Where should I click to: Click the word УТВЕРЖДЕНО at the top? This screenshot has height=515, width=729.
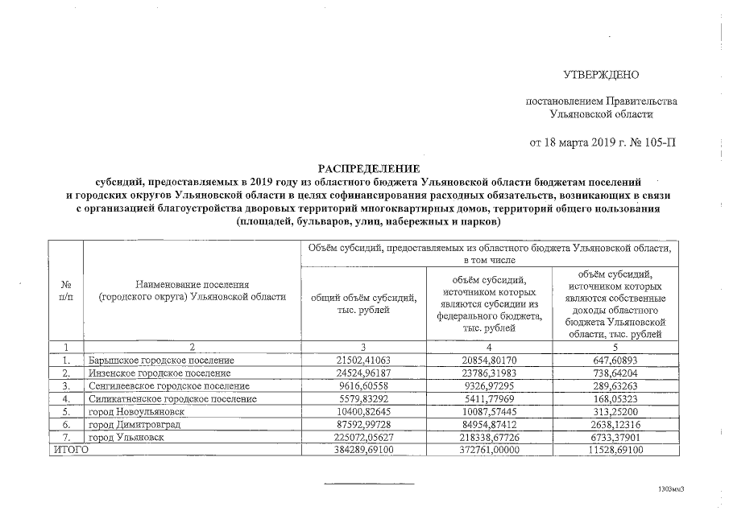[x=600, y=75]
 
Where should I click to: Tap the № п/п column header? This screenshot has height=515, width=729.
[x=65, y=290]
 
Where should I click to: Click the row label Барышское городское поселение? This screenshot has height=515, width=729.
[x=160, y=360]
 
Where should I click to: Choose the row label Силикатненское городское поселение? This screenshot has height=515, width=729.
[x=172, y=398]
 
